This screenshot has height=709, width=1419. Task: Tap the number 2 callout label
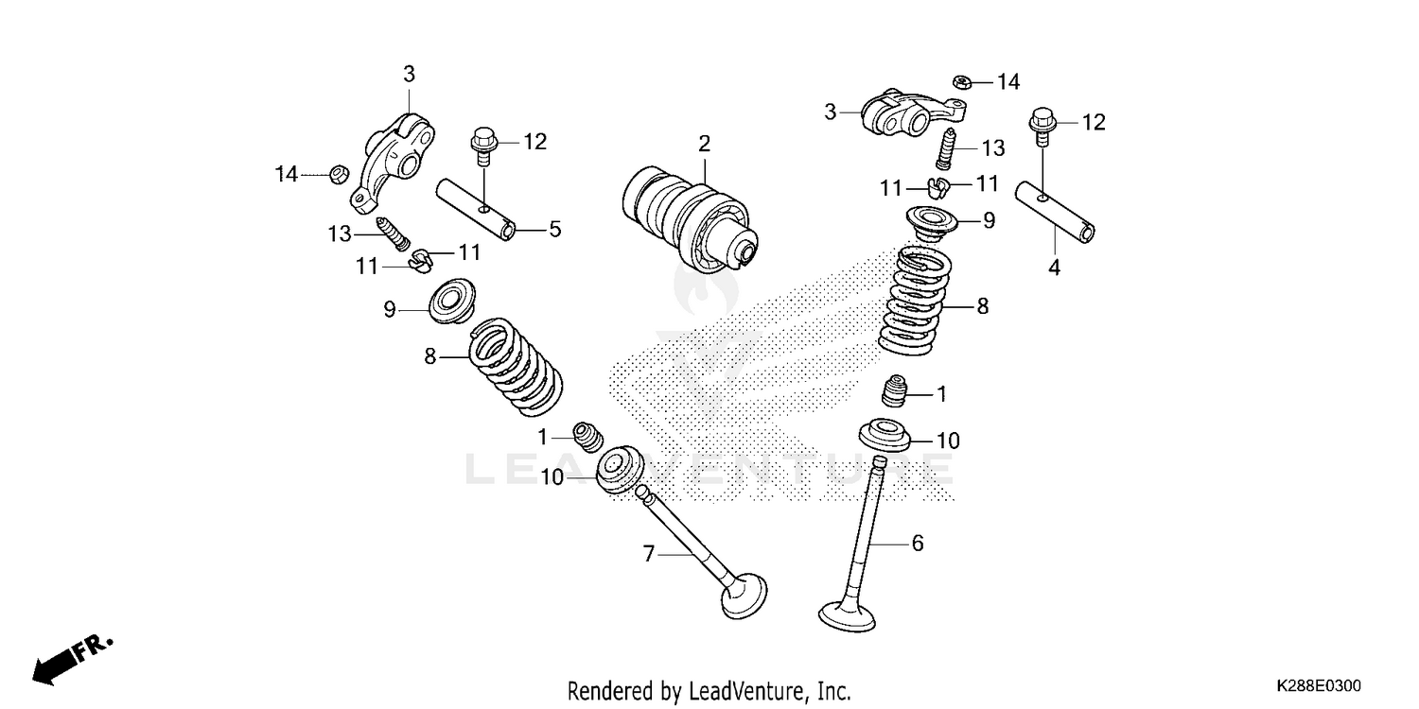pyautogui.click(x=704, y=145)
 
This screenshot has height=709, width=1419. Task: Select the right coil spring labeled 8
pyautogui.click(x=914, y=300)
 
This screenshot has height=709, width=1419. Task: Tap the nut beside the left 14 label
pyautogui.click(x=335, y=174)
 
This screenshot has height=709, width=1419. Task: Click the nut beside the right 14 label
pyautogui.click(x=958, y=82)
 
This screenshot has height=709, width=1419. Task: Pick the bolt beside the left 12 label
pyautogui.click(x=482, y=147)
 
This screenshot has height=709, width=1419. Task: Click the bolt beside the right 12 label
pyautogui.click(x=1041, y=124)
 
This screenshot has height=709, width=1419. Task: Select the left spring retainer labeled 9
pyautogui.click(x=452, y=300)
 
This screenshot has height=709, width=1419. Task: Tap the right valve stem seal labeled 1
pyautogui.click(x=895, y=391)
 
